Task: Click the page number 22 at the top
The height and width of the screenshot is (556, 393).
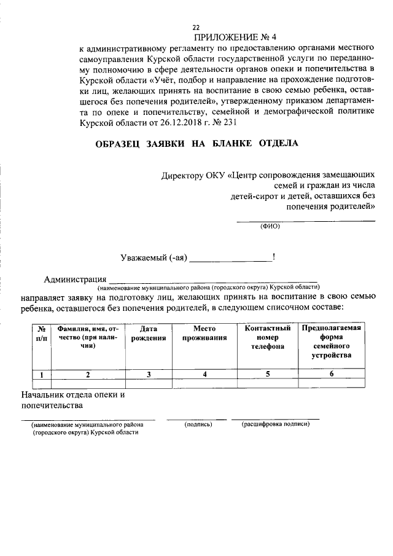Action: [x=196, y=28]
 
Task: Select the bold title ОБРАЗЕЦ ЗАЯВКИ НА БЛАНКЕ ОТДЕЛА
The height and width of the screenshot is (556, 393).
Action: [x=196, y=144]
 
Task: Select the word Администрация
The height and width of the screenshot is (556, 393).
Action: [x=72, y=280]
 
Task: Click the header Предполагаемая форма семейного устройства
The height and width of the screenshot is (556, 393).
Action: [x=331, y=341]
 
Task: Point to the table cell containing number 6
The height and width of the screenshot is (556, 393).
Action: [x=331, y=374]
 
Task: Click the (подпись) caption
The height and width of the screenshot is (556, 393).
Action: [x=198, y=425]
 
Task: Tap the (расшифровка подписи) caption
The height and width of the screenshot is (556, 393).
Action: [x=274, y=425]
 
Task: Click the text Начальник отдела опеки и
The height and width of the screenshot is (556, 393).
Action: [x=72, y=394]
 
